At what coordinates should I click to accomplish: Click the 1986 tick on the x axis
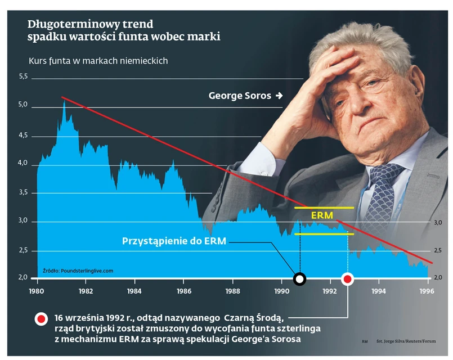(183, 291)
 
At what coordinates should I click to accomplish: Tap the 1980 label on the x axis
(37, 291)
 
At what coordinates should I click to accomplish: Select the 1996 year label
(428, 291)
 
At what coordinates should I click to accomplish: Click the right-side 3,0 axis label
(439, 223)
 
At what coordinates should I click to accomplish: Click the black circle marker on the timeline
(300, 278)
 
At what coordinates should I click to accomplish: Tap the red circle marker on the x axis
(348, 278)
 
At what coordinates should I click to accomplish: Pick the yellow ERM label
(322, 215)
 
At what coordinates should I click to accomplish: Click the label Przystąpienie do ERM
(174, 241)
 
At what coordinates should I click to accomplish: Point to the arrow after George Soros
(279, 96)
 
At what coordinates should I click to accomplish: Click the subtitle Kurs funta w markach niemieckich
(98, 61)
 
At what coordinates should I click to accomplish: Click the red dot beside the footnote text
(42, 319)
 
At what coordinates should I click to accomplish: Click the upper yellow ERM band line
(324, 208)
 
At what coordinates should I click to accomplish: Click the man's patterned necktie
(383, 197)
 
